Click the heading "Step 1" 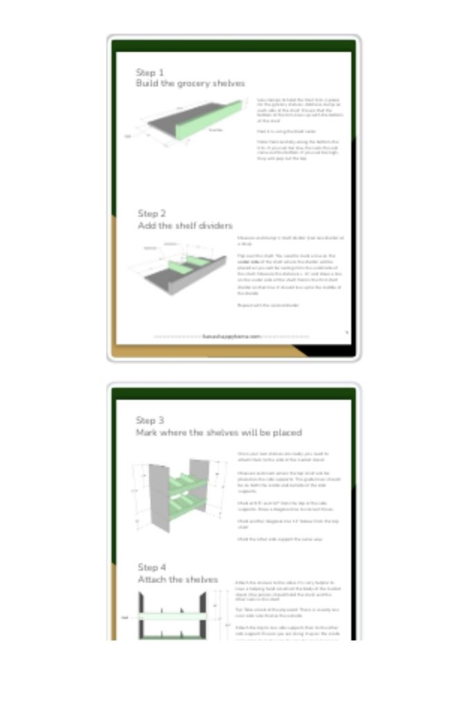150,72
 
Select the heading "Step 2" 152,214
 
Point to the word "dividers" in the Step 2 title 214,225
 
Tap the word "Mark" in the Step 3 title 147,433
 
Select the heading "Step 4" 152,567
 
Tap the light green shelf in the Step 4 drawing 173,616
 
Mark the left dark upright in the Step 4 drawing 143,614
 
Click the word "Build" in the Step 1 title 146,83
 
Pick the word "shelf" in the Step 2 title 182,225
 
